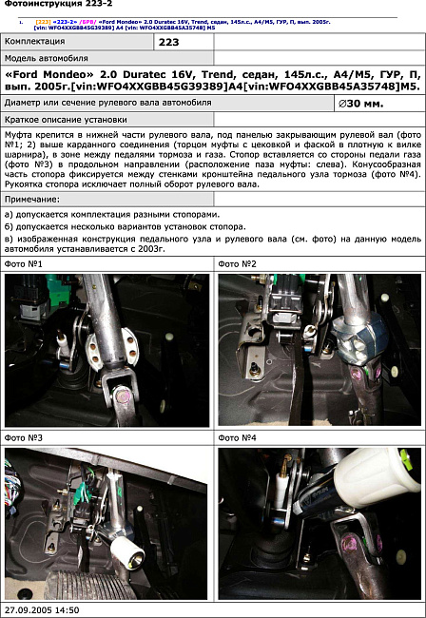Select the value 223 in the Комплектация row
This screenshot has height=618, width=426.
(168, 43)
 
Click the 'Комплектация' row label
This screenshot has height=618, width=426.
(38, 43)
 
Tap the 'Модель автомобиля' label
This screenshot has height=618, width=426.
(48, 59)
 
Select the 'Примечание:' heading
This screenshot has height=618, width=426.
(32, 200)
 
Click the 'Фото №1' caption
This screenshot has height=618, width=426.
(24, 263)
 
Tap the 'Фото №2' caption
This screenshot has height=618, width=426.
(238, 263)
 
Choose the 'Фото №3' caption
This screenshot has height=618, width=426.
(24, 437)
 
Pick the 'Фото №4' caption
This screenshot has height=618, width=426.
(238, 437)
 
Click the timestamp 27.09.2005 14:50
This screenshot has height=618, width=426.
(42, 609)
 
